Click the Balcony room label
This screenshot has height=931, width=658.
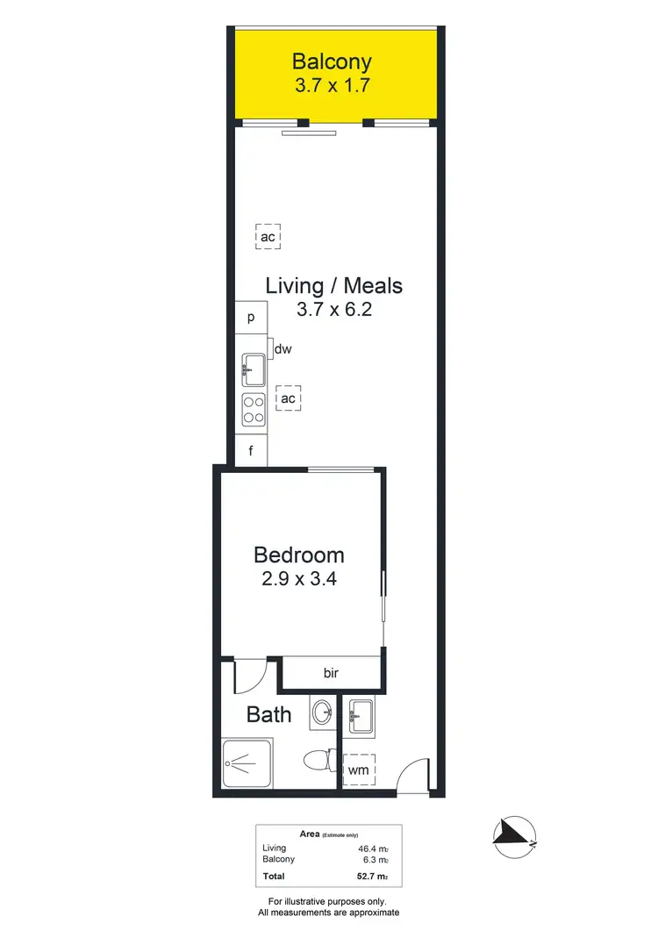[332, 62]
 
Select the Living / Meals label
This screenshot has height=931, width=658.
[334, 285]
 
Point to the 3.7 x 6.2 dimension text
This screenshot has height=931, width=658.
[335, 309]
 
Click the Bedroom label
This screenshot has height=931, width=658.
[299, 555]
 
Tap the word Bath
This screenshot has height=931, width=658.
[268, 714]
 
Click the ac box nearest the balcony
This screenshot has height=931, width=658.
[268, 238]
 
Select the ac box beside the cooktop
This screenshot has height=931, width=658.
[288, 399]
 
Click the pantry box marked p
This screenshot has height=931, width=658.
[251, 318]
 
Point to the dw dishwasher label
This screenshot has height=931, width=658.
[283, 349]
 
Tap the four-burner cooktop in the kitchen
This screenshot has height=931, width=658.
[254, 410]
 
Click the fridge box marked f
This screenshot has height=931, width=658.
[251, 453]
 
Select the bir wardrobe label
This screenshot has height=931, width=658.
[331, 674]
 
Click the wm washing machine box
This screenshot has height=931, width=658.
[358, 770]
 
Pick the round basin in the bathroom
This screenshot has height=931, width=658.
[321, 712]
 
